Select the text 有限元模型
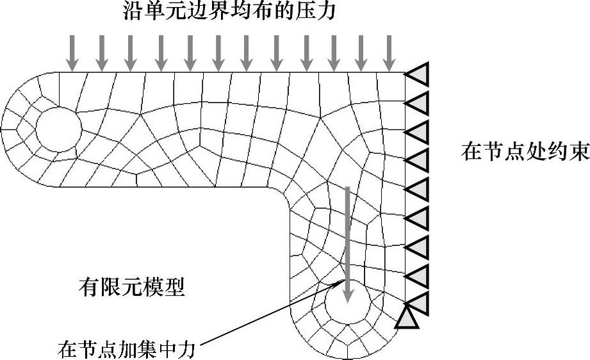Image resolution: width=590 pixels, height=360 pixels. click(x=131, y=287)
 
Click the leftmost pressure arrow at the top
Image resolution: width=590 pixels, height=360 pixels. click(x=72, y=52)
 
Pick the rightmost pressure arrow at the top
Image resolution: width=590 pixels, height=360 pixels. click(x=388, y=52)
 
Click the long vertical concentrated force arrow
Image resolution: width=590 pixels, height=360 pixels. click(x=347, y=243)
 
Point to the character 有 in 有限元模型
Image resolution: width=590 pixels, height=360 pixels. click(x=88, y=287)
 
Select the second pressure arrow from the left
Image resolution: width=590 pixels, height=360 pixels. click(x=101, y=52)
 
